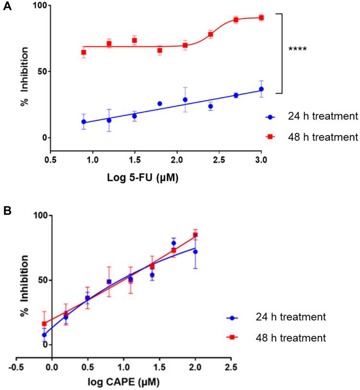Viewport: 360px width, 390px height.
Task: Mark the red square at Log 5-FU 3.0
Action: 261,18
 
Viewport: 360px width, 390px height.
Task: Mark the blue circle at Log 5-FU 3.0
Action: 261,89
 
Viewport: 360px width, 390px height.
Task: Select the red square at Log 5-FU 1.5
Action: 134,40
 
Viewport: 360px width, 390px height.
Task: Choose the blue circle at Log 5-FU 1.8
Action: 160,104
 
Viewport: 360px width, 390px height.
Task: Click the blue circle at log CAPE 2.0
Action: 195,252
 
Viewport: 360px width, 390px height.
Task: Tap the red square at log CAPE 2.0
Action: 195,235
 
